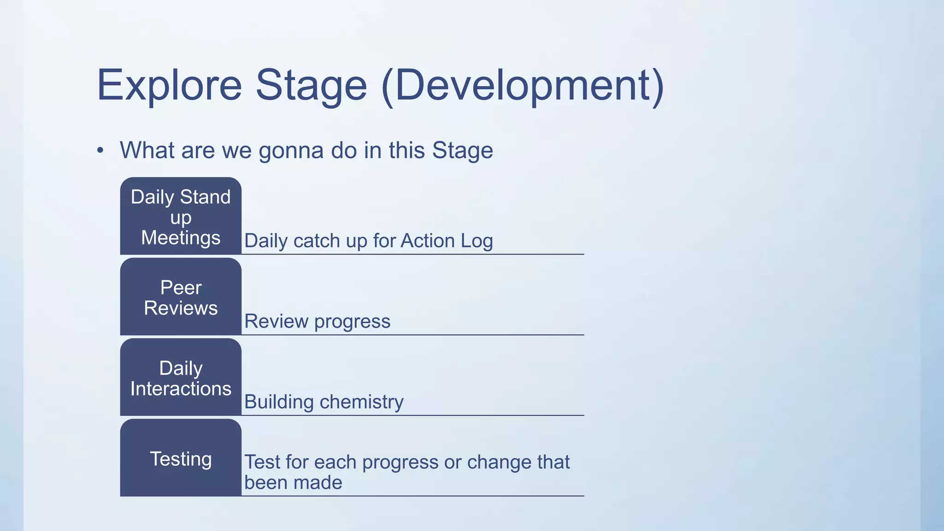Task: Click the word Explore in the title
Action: pyautogui.click(x=169, y=86)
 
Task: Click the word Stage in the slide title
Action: pyautogui.click(x=311, y=86)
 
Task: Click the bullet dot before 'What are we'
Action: pyautogui.click(x=100, y=151)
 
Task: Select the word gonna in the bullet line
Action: pyautogui.click(x=291, y=151)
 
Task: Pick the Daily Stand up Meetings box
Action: pyautogui.click(x=181, y=216)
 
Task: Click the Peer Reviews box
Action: pyautogui.click(x=181, y=297)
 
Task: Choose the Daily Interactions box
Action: pyautogui.click(x=181, y=378)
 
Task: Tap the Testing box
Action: pyautogui.click(x=181, y=458)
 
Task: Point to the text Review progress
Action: pyautogui.click(x=317, y=321)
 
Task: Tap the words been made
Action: pyautogui.click(x=293, y=483)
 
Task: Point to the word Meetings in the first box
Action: pyautogui.click(x=181, y=238)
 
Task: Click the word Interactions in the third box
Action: pyautogui.click(x=181, y=389)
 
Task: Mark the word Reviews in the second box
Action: pyautogui.click(x=181, y=308)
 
